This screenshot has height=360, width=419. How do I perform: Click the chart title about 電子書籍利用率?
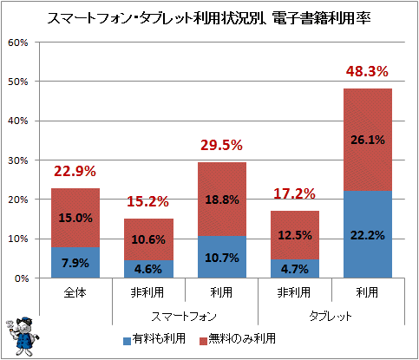point(209,18)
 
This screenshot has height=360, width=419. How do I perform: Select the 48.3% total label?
point(367,71)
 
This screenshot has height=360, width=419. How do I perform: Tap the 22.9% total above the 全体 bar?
point(75,171)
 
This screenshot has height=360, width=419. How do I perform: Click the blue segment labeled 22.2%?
point(368,234)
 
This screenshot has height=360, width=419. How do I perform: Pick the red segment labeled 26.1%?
point(368,140)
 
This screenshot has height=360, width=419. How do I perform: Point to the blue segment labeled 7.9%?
point(75,263)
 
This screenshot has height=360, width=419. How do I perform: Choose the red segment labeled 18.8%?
point(222,200)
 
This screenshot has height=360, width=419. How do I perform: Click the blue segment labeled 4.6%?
point(148,269)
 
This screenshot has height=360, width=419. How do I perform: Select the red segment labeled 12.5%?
point(295,235)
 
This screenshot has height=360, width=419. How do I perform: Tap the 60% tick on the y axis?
point(18,43)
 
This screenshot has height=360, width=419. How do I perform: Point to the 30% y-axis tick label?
point(18,160)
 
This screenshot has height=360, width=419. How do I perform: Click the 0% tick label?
point(22,278)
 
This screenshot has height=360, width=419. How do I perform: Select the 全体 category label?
point(75,292)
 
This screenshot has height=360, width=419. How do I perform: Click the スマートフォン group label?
point(184,316)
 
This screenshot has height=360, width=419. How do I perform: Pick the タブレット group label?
point(331,316)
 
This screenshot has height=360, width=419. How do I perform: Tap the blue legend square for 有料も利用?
point(127,341)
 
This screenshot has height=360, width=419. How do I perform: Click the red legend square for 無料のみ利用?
point(203,341)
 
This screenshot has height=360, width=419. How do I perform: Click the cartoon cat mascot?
point(22,337)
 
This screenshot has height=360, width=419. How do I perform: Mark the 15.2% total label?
point(147,201)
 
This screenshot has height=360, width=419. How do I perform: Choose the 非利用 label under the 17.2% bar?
point(294,292)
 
